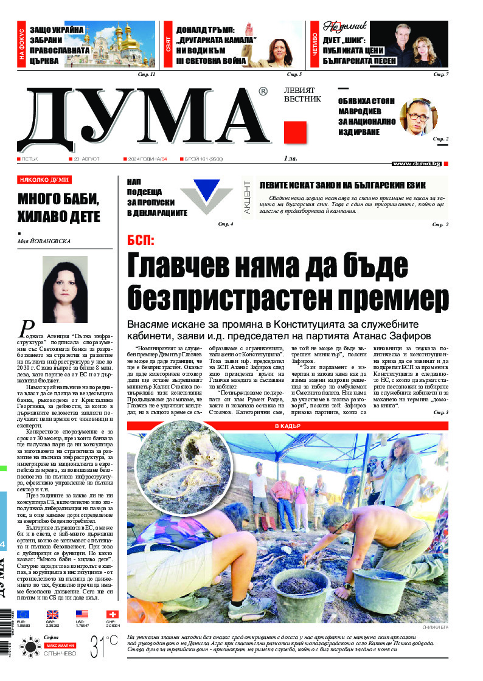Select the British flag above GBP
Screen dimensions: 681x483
click(53, 615)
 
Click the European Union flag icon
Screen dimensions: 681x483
click(23, 615)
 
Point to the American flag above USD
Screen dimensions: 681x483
click(82, 615)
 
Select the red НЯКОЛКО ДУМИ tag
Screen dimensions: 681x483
click(45, 180)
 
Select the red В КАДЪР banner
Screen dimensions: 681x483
click(287, 426)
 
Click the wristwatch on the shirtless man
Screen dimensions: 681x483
click(348, 587)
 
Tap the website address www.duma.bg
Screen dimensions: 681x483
click(416, 163)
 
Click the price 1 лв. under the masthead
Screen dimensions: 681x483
click(291, 159)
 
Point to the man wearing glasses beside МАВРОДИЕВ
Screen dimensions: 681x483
click(419, 117)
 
